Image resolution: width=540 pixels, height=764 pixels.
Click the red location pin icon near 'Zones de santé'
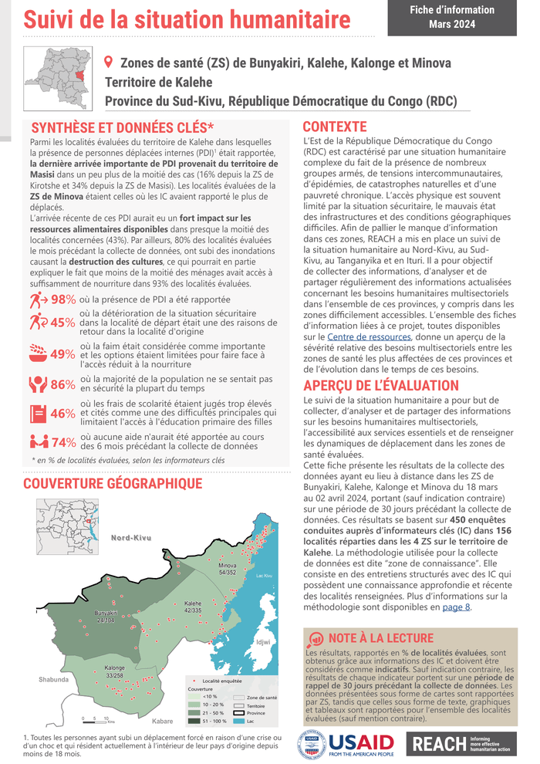(108, 62)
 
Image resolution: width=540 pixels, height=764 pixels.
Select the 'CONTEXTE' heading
(335, 127)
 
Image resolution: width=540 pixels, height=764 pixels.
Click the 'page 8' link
(455, 607)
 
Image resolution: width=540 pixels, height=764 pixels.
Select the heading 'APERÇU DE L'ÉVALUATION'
(381, 386)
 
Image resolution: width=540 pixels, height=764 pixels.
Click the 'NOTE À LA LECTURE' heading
(381, 638)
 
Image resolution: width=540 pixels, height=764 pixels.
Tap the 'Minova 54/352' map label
(228, 570)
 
